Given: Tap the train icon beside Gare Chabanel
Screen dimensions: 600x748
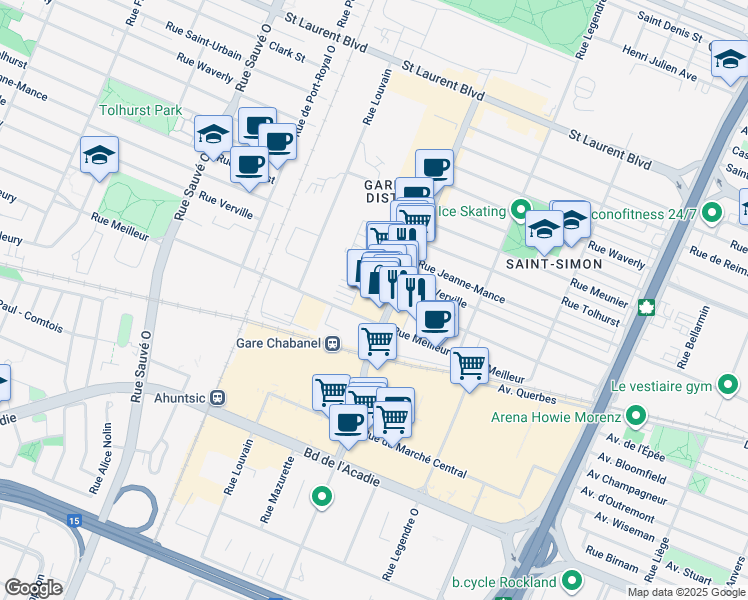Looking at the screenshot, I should [333, 343].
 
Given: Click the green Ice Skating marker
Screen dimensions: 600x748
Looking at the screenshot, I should [520, 210].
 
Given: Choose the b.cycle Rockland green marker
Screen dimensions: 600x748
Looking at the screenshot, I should [573, 580].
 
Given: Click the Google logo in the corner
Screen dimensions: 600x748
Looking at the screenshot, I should [32, 588].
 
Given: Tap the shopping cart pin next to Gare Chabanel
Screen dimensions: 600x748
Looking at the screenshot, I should [377, 340].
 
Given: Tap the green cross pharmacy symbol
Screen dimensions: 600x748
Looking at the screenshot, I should [647, 305].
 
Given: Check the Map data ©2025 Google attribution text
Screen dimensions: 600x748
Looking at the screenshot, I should [685, 592].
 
